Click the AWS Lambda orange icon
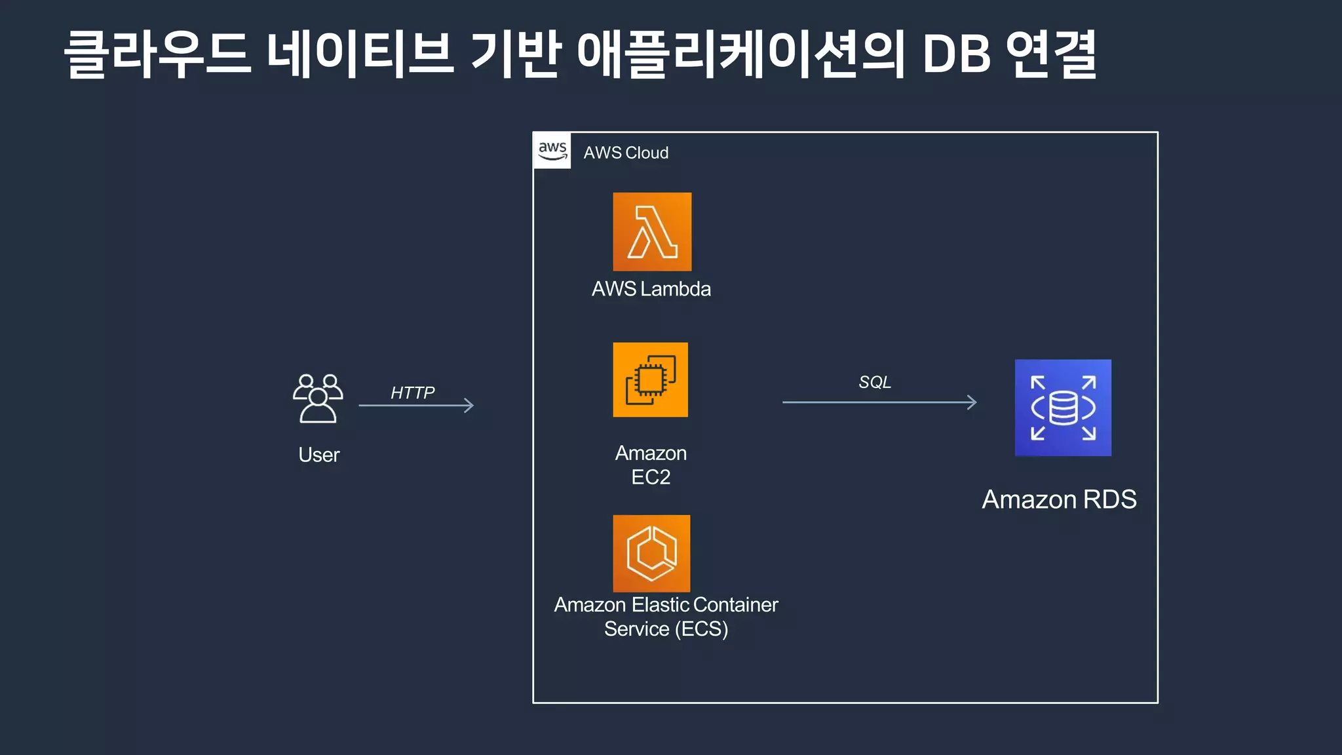click(x=652, y=231)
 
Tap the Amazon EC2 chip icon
click(x=650, y=379)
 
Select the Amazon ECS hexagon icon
click(x=651, y=553)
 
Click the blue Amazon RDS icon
click(x=1063, y=408)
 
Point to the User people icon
click(x=318, y=398)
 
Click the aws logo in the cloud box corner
click(x=552, y=151)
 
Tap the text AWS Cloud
click(x=626, y=153)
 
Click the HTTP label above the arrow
click(x=412, y=393)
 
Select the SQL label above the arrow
click(x=875, y=382)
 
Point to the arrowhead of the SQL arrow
click(x=973, y=402)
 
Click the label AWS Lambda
click(x=651, y=289)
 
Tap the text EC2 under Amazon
click(x=651, y=477)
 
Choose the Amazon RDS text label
click(x=1059, y=499)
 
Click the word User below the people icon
click(x=319, y=455)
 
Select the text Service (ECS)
click(x=666, y=629)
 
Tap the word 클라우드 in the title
click(x=157, y=54)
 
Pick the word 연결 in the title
click(x=1051, y=54)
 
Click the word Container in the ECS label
click(x=735, y=605)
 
